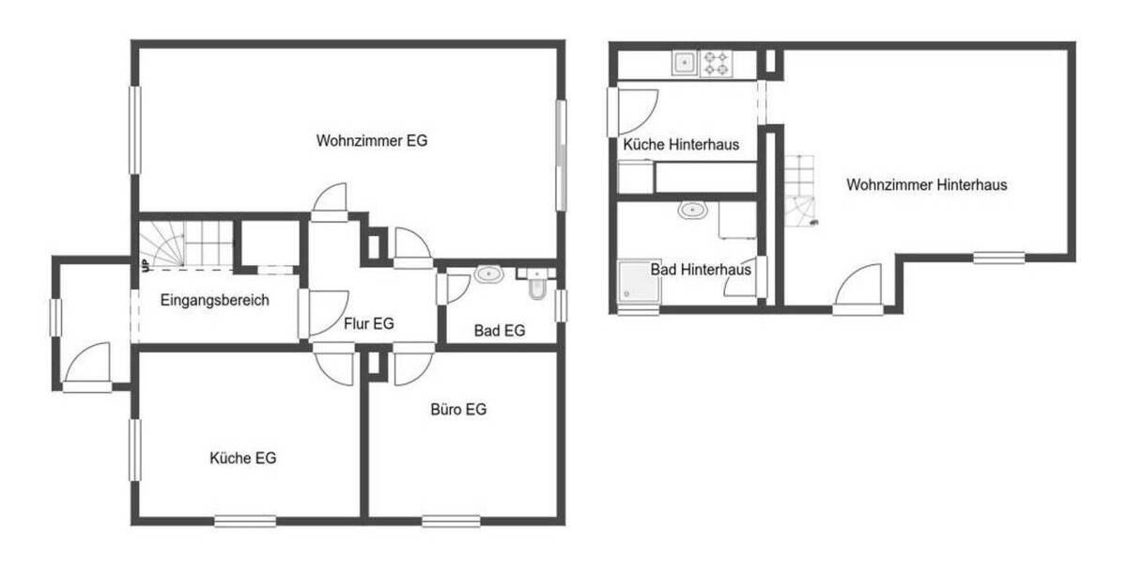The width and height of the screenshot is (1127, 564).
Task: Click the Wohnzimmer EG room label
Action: click(372, 141)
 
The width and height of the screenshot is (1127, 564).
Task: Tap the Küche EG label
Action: click(242, 459)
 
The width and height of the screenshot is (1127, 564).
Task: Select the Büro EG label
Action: click(458, 410)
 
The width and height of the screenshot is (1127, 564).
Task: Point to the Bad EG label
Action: click(499, 331)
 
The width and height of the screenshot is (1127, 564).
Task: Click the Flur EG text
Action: click(369, 323)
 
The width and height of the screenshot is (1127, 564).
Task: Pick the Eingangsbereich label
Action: click(215, 301)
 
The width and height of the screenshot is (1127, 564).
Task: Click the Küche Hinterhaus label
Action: click(680, 145)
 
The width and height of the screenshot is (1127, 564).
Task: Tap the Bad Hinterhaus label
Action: click(701, 270)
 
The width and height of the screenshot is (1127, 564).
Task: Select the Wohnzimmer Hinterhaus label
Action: click(926, 185)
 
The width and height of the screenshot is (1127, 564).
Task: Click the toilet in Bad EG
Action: click(536, 286)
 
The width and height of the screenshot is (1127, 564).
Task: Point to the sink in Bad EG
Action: click(489, 275)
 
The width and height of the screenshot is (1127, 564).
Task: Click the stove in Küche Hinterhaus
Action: click(717, 63)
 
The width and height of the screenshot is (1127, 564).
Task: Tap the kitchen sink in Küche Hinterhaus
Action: click(684, 63)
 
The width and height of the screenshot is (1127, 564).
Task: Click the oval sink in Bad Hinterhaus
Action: click(693, 210)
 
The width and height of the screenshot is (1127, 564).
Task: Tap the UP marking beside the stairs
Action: click(145, 266)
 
